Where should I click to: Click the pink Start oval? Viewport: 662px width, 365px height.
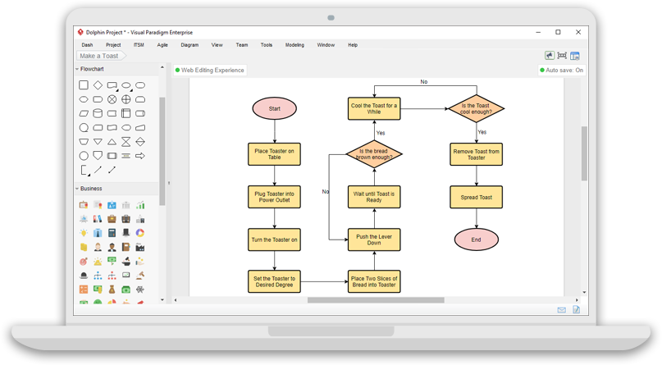tap(274, 108)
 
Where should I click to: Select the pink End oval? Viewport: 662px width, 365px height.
tap(477, 239)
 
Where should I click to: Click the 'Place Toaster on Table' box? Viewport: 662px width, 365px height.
tap(274, 153)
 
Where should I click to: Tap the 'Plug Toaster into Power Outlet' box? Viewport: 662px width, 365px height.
tap(274, 196)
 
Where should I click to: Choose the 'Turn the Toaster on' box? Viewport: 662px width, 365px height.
tap(274, 239)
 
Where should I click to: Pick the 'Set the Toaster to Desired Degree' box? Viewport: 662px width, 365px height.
tap(274, 281)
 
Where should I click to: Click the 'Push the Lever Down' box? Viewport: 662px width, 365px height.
tap(374, 239)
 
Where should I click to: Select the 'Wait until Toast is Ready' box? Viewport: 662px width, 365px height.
tap(374, 196)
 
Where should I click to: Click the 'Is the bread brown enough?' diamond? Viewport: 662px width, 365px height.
tap(374, 153)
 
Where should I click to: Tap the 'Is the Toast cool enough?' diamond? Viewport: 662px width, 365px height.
tap(477, 108)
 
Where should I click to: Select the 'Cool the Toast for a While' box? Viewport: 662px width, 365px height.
tap(374, 108)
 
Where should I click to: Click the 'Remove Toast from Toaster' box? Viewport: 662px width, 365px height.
tap(477, 153)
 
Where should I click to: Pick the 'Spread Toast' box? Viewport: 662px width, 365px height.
tap(477, 196)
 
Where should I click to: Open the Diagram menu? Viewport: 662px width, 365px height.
tap(189, 45)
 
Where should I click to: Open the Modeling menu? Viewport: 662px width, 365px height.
tap(294, 45)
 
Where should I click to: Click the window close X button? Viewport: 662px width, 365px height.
tap(578, 32)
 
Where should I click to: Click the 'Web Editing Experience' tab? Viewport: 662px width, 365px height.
tap(210, 70)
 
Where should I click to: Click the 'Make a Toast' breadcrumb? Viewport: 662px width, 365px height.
tap(99, 56)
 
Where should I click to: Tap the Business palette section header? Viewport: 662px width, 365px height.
tap(92, 188)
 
